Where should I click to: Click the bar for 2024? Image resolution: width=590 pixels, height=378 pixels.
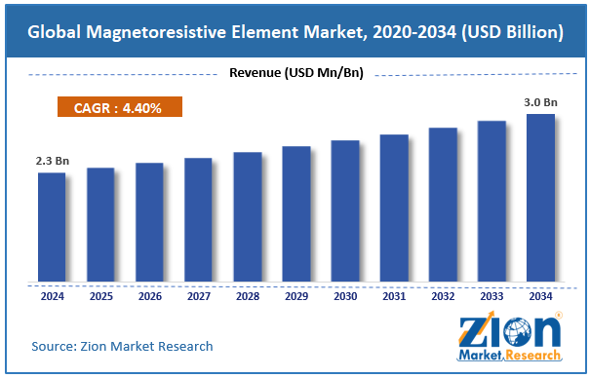coord(52,228)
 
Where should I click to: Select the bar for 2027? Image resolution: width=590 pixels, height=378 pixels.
coord(198,220)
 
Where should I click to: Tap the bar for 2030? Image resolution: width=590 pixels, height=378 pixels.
coord(345,211)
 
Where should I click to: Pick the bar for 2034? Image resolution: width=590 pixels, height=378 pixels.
coord(540,199)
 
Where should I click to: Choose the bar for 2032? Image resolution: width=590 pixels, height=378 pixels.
coord(443,206)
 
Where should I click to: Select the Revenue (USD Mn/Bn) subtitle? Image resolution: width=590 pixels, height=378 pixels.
coord(296,73)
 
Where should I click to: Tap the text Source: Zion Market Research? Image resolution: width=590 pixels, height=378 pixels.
coord(122,346)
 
